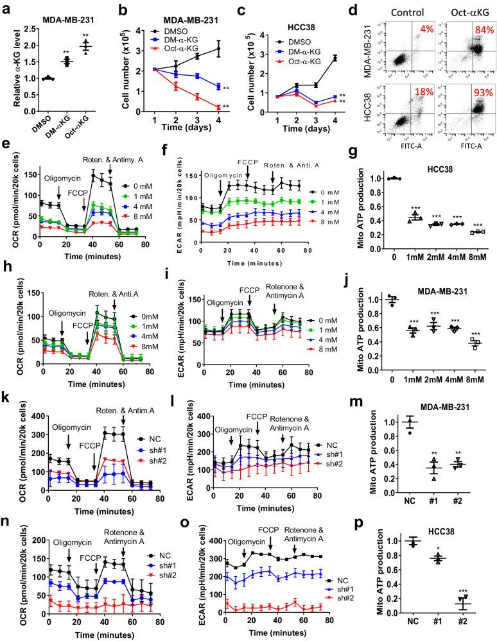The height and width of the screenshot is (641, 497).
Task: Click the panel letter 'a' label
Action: tap(6, 8)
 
